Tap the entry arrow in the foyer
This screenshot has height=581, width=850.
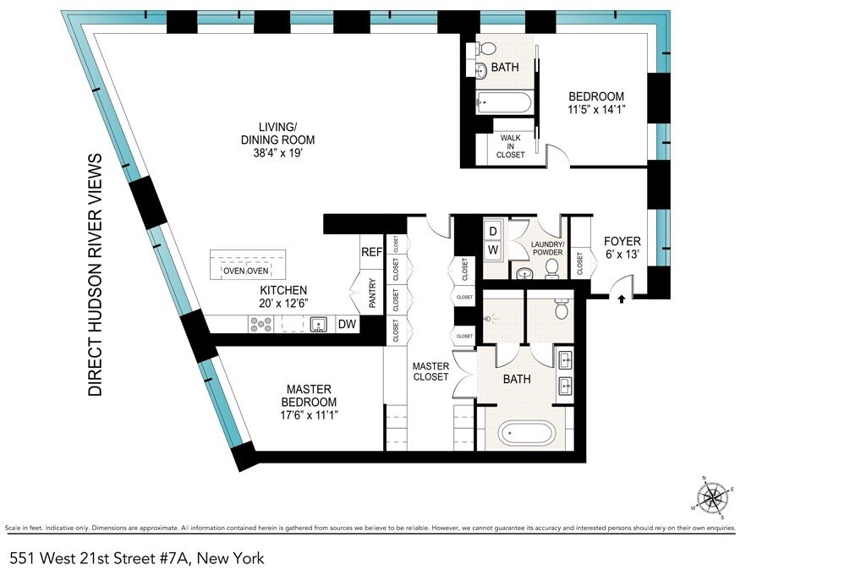(622, 298)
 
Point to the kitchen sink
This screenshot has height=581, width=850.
(319, 324)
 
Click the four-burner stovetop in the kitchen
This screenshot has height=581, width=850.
(260, 324)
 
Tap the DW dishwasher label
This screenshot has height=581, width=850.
(346, 324)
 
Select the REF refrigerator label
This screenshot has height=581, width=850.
(371, 252)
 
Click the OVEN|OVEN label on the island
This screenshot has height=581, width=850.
(245, 271)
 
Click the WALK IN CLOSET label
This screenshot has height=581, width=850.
(511, 145)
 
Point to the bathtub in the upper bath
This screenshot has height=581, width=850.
(504, 104)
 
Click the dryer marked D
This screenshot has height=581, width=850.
(493, 230)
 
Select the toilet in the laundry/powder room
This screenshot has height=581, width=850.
(552, 268)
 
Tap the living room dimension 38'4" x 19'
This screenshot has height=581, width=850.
(275, 153)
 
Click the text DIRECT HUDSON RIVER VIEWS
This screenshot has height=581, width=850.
(96, 275)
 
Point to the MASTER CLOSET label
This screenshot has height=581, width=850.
(430, 371)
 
